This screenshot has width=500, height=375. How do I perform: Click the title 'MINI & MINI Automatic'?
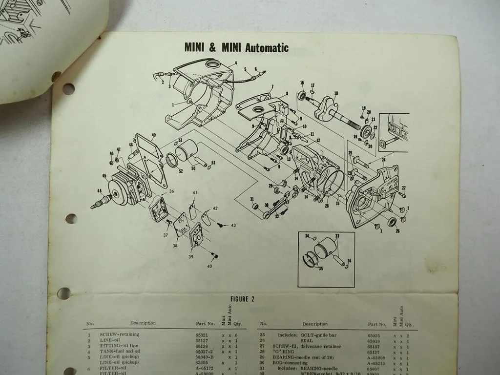[236, 48]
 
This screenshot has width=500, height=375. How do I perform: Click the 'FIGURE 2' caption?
[242, 299]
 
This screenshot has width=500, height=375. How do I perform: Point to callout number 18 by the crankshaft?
[336, 93]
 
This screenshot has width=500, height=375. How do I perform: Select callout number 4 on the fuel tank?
[235, 63]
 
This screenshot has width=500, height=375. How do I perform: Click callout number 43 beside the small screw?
[233, 225]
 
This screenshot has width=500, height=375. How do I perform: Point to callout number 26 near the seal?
[397, 230]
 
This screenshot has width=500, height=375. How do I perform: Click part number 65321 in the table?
[203, 334]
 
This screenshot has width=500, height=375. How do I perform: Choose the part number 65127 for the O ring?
[374, 351]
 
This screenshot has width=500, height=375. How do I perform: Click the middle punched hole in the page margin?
[71, 218]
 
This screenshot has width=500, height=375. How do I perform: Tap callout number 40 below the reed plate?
[209, 266]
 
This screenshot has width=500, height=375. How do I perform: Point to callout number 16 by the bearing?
[302, 83]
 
